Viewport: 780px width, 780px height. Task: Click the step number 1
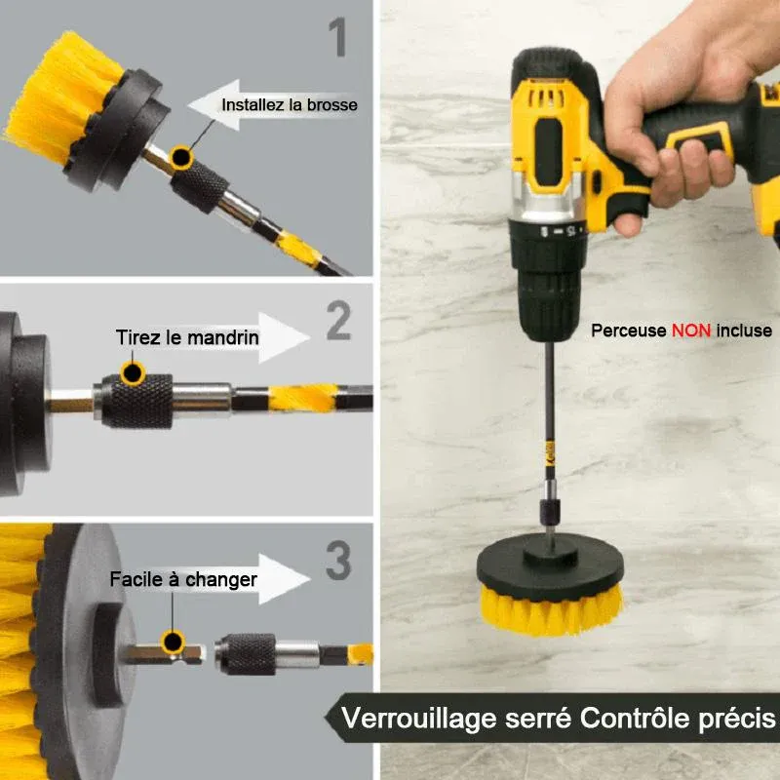(x=338, y=37)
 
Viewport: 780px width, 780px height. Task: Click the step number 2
(x=338, y=321)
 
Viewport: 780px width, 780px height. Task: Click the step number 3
(x=338, y=560)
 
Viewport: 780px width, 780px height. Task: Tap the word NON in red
(x=691, y=331)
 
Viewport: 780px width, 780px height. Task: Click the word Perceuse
(x=628, y=331)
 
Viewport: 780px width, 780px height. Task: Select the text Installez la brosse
(x=290, y=105)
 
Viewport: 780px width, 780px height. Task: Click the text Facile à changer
(x=183, y=579)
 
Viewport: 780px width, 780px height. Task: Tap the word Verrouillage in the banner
(x=420, y=719)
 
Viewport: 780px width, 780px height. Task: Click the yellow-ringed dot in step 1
(x=181, y=157)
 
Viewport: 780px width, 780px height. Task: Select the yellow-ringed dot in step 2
(x=133, y=372)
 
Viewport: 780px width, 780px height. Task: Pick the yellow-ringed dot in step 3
(x=173, y=642)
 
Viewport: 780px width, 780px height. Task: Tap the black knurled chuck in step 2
(x=137, y=401)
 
